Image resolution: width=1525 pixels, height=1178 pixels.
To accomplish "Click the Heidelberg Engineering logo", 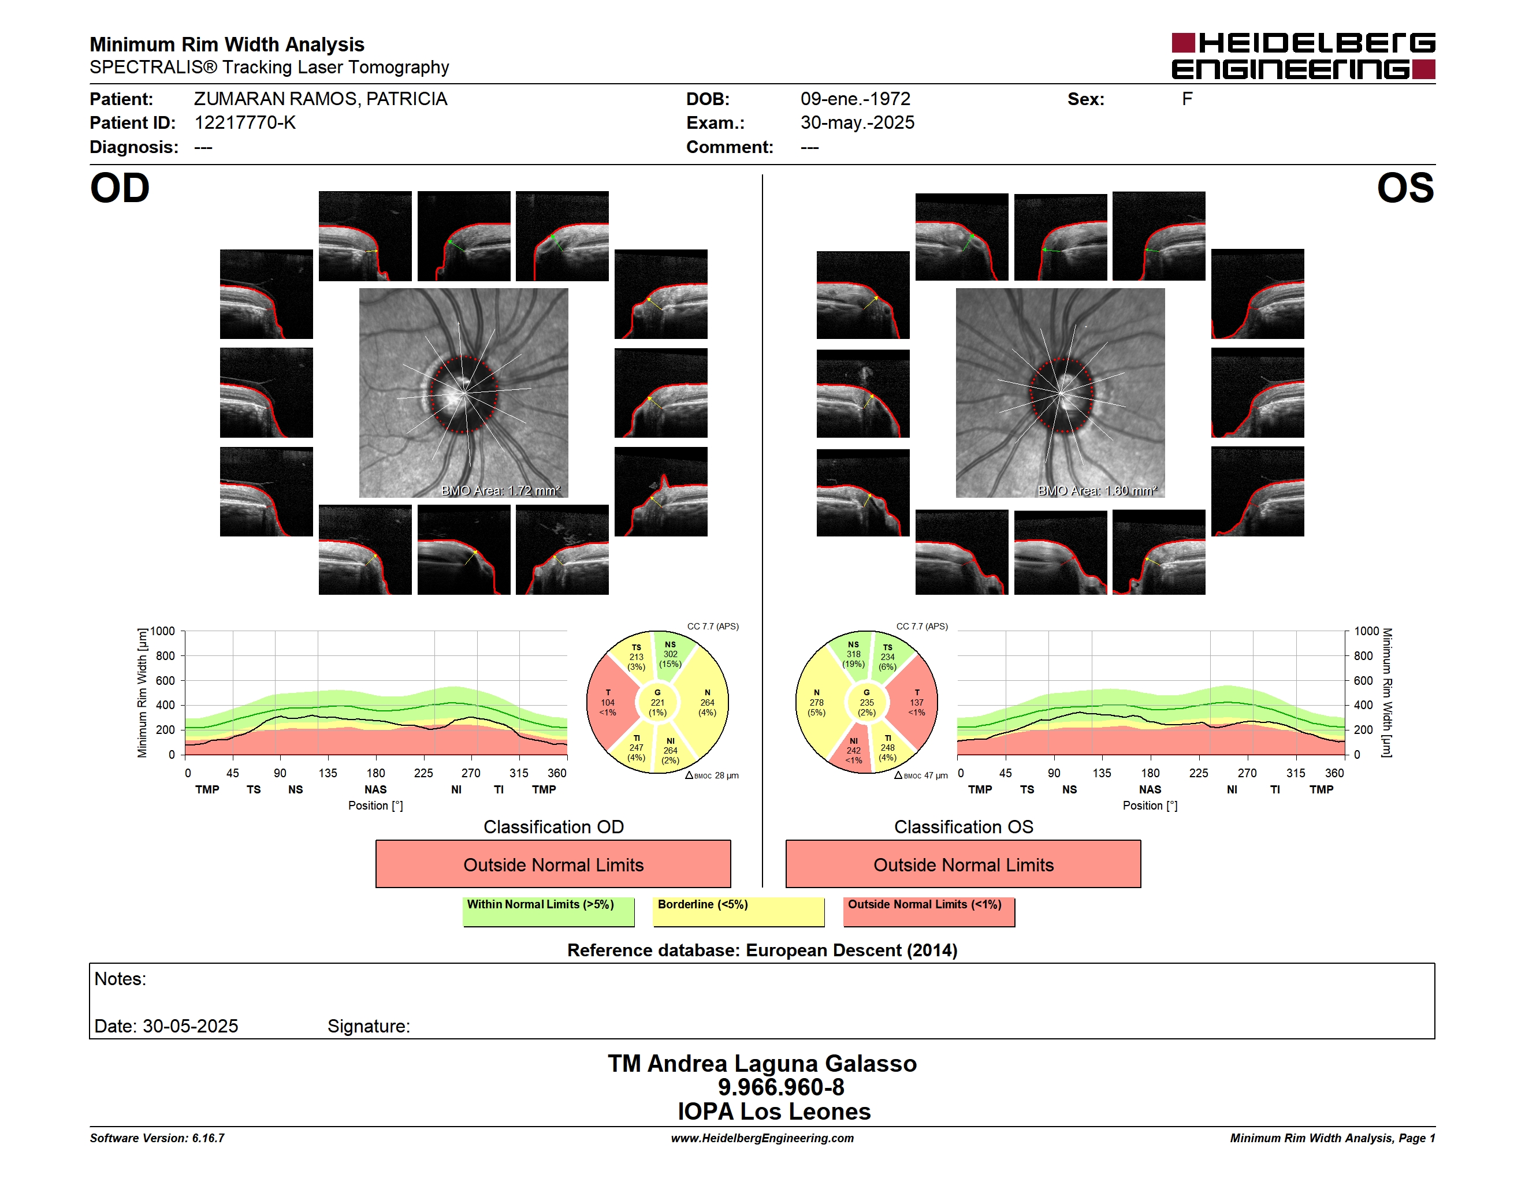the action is pos(1303,56).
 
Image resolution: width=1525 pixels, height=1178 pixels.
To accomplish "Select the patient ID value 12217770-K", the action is pos(244,123).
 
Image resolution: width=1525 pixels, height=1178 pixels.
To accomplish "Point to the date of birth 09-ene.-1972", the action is pos(856,99).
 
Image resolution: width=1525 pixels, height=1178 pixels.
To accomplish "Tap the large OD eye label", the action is pos(120,188).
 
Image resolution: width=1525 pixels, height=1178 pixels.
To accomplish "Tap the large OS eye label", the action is pos(1405,188).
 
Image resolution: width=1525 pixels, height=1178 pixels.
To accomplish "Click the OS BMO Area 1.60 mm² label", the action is pos(1097,491).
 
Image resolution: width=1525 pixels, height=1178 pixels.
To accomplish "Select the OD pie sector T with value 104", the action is pos(609,702).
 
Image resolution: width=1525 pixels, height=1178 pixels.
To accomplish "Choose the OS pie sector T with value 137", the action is pos(916,702).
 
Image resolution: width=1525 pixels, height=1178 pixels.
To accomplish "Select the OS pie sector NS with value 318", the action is pos(853,655).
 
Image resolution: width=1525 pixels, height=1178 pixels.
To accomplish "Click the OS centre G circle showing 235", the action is pos(866,703).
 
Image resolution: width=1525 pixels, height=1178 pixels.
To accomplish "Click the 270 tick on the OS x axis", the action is pos(1247,773).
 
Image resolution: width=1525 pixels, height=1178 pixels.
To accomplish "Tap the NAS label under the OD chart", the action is pos(375,789).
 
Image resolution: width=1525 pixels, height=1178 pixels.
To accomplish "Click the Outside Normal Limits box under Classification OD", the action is pos(553,864).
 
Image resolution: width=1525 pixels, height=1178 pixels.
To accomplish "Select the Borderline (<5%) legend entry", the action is pos(739,911).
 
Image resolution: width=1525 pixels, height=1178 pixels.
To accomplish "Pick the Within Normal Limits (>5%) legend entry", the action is pos(548,911).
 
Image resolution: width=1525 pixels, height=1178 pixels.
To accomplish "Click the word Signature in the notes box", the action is pos(368,1026).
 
